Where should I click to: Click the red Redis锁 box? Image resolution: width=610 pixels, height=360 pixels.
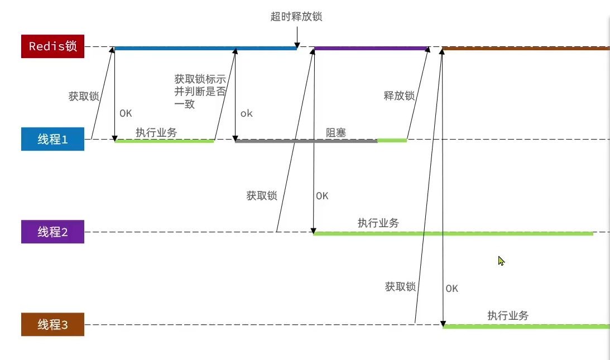52,46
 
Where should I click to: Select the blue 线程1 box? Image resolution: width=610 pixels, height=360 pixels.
52,140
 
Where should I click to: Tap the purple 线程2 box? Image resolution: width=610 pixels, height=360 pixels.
52,232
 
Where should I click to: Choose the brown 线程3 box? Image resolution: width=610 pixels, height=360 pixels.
52,324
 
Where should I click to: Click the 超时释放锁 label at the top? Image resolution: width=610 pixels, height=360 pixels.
296,17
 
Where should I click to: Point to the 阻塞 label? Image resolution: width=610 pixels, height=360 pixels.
336,133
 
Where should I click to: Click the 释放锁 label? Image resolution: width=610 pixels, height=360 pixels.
399,95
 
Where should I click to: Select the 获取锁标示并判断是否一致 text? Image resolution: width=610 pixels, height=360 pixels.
200,91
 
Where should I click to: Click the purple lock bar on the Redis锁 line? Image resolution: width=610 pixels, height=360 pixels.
371,49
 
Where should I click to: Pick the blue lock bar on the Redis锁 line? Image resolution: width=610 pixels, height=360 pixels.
205,49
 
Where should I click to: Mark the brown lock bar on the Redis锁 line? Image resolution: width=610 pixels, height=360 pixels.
525,49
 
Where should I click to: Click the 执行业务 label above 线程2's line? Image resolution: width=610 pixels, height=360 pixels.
378,223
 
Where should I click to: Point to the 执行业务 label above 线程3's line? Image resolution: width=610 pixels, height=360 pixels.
508,316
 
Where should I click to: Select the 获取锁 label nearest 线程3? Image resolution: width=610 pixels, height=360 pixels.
400,287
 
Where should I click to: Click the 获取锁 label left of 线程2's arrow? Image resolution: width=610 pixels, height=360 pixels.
262,196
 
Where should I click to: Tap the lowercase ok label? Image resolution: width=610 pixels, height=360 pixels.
247,113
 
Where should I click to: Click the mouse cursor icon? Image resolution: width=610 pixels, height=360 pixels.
501,260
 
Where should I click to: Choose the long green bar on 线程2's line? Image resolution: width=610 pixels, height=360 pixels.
453,234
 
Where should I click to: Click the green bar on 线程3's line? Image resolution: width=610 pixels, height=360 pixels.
525,327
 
